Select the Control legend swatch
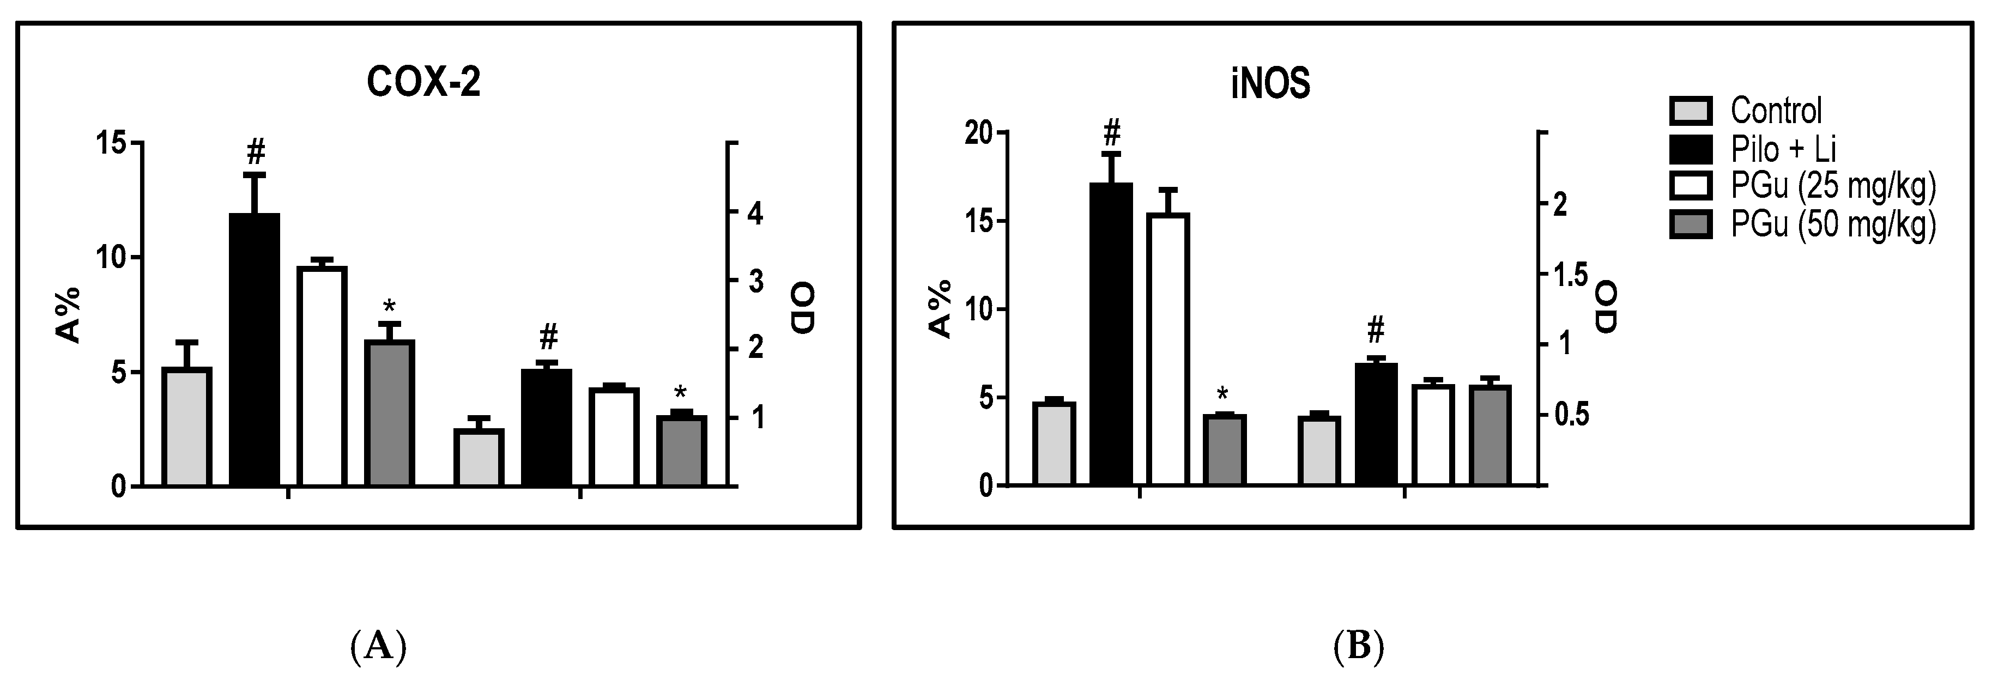(1691, 111)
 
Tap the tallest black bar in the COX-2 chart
(255, 349)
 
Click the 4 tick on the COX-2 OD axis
(754, 214)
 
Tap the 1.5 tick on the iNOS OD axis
(1569, 275)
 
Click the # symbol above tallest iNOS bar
(1112, 132)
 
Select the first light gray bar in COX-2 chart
(186, 427)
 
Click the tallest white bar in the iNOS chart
(1167, 349)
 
